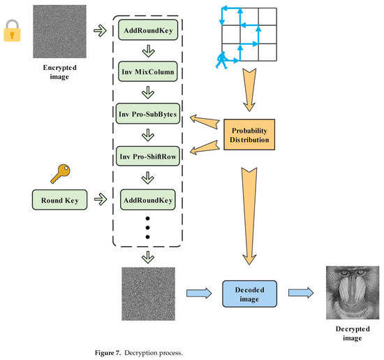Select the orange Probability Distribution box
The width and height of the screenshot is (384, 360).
tap(249, 133)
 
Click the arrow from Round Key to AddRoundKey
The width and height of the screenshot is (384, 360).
tap(101, 200)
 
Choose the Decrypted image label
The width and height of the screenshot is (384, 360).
tap(353, 333)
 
